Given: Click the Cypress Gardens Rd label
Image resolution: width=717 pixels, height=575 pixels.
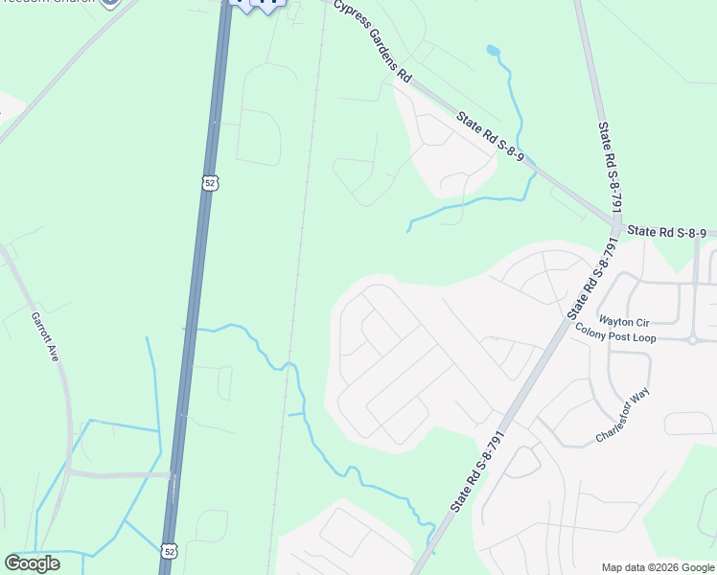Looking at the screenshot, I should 373,41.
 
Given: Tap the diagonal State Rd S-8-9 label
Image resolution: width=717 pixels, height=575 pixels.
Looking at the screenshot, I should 490,136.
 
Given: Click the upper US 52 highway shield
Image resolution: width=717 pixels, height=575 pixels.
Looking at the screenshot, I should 211,181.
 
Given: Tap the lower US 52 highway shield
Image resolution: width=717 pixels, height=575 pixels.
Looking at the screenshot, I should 170,550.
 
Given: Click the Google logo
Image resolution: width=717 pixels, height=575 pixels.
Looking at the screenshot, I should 32,563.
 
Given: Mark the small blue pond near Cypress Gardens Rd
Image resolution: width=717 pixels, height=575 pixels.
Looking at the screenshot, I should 493,50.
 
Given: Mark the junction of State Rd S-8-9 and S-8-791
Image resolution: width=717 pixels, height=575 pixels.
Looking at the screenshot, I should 615,226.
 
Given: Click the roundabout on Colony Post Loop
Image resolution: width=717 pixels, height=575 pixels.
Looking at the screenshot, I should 692,339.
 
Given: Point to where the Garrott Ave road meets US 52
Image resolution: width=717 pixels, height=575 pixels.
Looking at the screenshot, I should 173,473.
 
